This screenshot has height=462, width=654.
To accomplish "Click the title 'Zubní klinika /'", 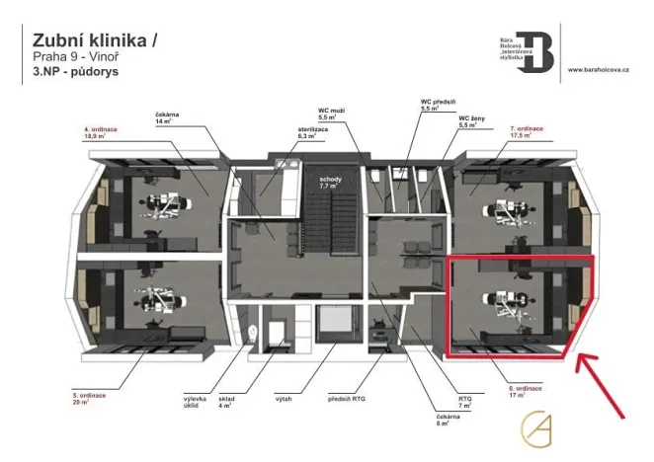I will [94, 40].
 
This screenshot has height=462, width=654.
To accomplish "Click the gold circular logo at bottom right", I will [537, 425].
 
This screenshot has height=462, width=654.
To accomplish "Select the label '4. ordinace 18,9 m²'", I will [103, 134].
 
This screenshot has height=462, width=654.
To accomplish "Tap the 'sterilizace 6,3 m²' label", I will [286, 134].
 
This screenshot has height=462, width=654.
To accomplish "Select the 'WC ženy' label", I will [472, 121].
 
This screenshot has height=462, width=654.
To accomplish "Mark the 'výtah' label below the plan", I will [284, 398].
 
